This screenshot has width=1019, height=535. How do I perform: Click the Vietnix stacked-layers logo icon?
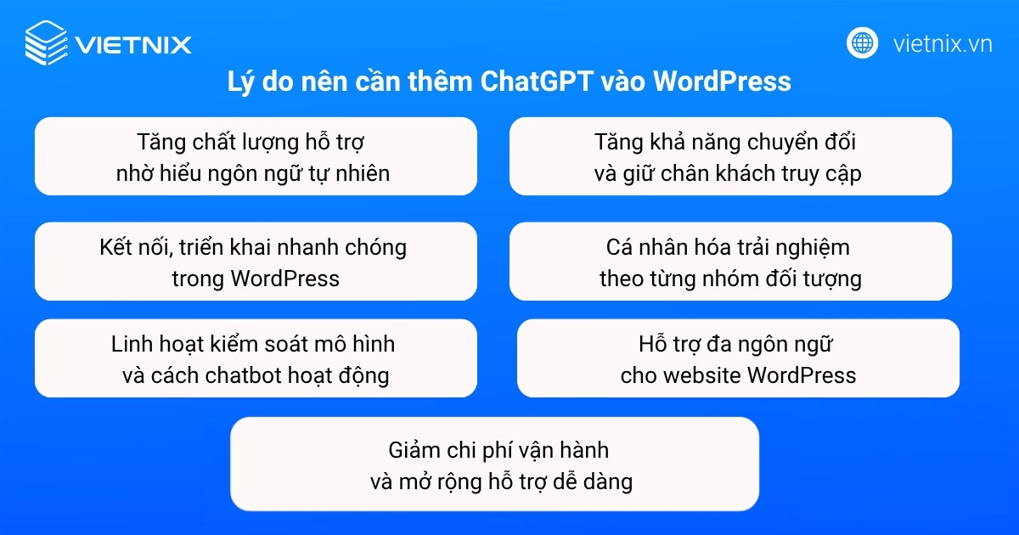45,43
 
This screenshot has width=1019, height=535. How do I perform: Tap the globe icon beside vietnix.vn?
862,42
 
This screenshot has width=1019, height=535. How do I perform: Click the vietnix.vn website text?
943,43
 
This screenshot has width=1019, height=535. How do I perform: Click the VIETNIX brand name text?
132,44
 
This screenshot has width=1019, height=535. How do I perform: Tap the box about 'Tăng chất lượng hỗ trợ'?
256,156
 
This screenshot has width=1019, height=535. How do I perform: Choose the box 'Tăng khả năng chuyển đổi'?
730,156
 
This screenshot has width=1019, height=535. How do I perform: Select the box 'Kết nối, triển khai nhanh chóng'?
256,262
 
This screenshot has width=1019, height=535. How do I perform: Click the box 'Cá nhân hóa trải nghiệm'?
730,262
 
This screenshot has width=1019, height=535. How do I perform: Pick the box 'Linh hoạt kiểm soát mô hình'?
256,358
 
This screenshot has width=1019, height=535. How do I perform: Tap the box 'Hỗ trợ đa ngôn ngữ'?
738,358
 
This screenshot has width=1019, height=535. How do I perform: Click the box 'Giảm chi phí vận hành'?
494,464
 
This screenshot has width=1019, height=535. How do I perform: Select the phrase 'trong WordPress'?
256,278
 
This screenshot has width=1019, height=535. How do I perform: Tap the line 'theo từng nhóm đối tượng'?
730,278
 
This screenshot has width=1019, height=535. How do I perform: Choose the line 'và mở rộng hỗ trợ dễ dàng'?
502,481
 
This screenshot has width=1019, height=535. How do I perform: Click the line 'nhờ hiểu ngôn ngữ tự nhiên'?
253,173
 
